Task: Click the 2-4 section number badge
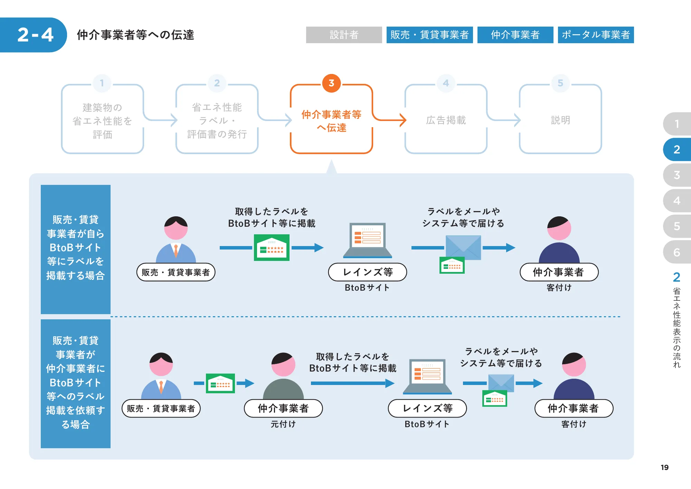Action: pos(35,35)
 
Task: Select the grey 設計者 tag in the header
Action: pos(344,35)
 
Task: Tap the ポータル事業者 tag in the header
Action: pos(596,35)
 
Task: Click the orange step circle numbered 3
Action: pos(331,83)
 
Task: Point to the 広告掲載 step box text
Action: pos(446,120)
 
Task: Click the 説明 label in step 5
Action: pos(560,120)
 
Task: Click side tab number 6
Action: pos(676,252)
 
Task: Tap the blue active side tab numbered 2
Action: pos(676,149)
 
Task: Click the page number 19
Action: pos(664,467)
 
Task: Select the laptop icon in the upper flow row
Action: pos(368,240)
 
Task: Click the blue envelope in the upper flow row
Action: pos(463,247)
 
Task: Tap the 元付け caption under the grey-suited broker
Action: pos(283,424)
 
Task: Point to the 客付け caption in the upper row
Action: pos(559,288)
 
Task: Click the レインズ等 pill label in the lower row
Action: pos(427,408)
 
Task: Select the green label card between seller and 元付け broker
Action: pos(220,383)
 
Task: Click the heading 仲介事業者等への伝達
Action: pos(135,35)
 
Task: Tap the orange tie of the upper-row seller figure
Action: pos(176,251)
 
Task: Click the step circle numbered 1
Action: pos(102,83)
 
